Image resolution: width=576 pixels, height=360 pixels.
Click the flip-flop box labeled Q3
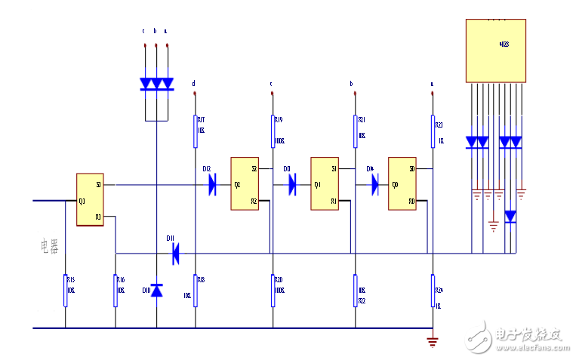[90, 200]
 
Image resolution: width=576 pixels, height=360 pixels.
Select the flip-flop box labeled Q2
[245, 183]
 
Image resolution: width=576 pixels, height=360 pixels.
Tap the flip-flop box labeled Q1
[325, 183]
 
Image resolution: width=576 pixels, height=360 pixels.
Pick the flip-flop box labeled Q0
[402, 183]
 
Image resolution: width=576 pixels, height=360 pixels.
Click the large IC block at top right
[494, 50]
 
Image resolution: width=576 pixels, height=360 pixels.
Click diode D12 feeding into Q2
[212, 184]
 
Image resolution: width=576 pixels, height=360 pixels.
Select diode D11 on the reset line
[175, 253]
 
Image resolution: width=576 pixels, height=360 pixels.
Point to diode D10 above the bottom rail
[157, 290]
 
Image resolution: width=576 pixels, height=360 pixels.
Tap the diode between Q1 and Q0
[374, 184]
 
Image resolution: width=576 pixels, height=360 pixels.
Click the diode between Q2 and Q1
[293, 184]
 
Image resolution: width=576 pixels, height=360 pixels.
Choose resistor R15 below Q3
[66, 291]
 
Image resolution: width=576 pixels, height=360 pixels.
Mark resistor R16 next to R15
[116, 291]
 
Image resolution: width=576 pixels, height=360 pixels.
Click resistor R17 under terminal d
[196, 129]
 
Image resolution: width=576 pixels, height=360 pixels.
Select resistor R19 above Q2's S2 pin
[273, 131]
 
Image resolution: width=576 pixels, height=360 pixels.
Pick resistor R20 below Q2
[273, 291]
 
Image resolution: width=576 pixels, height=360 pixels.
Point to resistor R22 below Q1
[355, 291]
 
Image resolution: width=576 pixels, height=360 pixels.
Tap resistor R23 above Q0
[433, 131]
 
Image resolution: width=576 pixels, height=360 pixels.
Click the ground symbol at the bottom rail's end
[433, 341]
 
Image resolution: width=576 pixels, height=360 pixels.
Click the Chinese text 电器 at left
[49, 247]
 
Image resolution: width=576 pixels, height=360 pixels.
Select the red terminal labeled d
[195, 94]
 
